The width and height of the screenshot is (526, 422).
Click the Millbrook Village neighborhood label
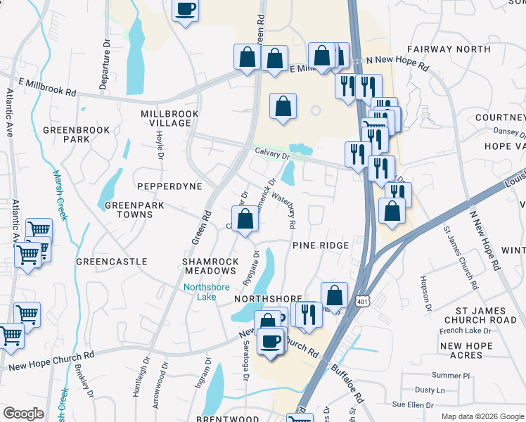[x=166, y=118]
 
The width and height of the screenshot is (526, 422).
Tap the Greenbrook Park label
[x=66, y=134]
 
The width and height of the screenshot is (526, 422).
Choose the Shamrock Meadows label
[x=209, y=266]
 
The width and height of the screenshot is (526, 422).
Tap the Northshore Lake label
[x=201, y=291]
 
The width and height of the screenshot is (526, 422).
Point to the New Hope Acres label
[x=470, y=351]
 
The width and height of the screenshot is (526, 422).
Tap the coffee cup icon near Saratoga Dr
[x=271, y=342]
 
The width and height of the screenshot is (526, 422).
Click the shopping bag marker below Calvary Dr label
[x=245, y=219]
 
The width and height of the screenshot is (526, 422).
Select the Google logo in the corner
[x=23, y=414]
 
